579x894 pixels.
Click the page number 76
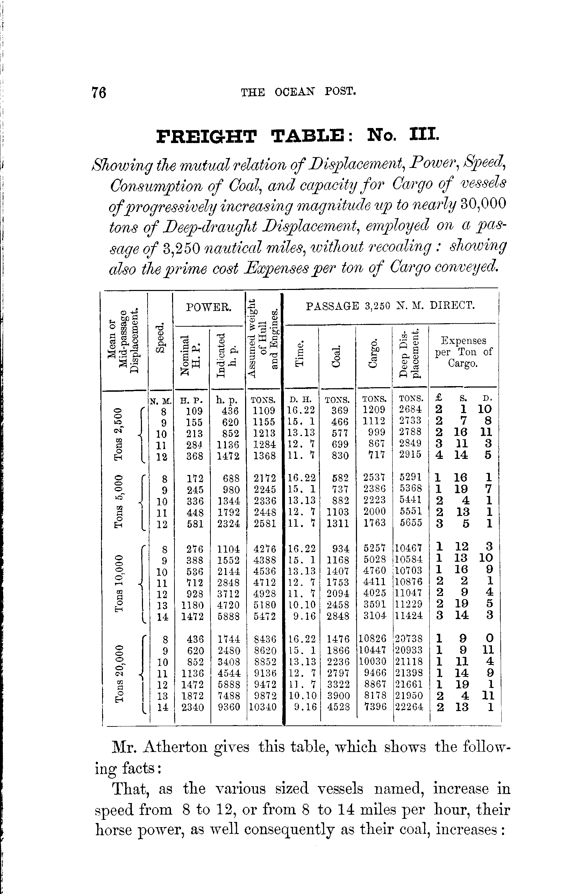click(99, 92)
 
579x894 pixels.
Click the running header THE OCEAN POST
click(298, 92)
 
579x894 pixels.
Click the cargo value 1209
click(375, 410)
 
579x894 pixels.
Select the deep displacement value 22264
click(409, 707)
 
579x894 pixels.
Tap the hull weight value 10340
click(263, 707)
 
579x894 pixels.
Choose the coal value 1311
click(338, 523)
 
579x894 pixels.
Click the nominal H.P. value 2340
click(193, 707)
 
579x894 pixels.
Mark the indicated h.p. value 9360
click(229, 707)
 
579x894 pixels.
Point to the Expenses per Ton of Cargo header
click(463, 352)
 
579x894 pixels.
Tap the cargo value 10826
click(372, 639)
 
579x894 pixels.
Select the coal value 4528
click(339, 707)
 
